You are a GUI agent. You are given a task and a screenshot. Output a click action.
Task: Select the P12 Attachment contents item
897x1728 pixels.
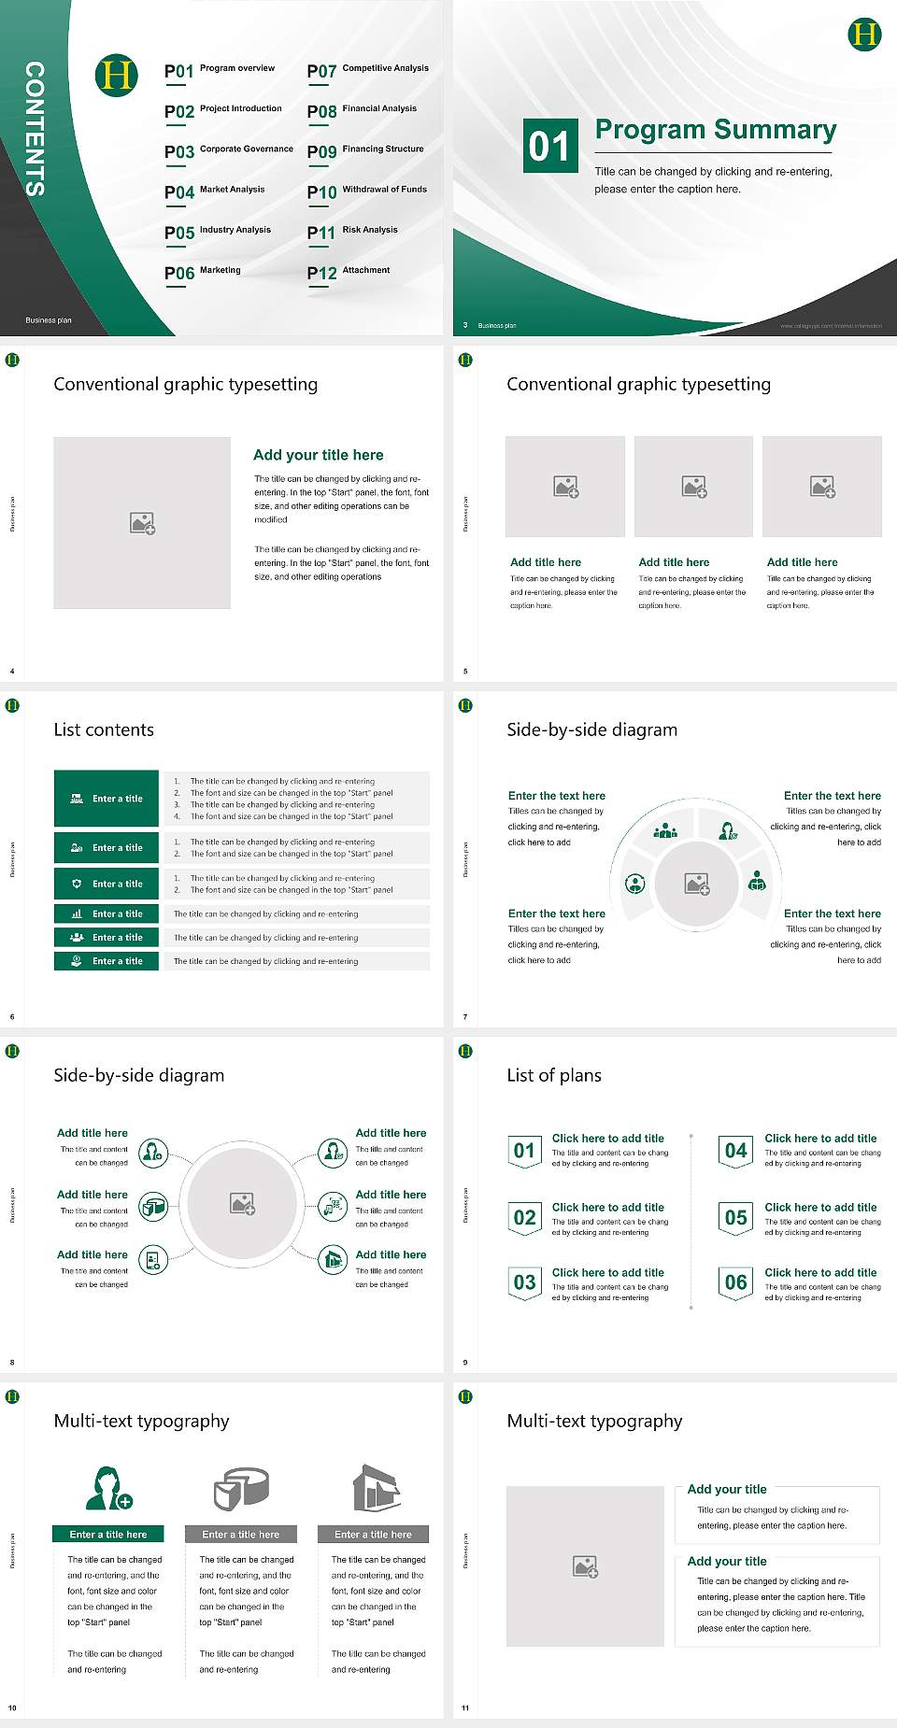point(349,272)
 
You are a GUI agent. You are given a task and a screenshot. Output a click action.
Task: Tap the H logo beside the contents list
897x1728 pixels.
point(117,75)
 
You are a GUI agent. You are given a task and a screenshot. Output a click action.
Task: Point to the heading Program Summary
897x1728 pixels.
point(715,130)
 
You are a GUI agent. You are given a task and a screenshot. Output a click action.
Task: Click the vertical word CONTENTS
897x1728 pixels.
point(35,129)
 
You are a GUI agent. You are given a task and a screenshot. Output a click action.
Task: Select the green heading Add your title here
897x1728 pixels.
point(318,455)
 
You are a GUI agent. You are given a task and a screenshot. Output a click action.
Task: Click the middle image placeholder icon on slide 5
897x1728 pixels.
point(693,487)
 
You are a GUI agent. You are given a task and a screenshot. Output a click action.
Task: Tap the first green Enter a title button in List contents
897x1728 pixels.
point(107,799)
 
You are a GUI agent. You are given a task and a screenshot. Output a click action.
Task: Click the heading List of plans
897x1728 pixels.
point(554,1075)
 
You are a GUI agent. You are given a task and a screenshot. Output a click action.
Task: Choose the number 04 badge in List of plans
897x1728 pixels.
point(736,1151)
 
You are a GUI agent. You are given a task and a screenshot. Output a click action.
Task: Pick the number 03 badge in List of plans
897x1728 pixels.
point(524,1282)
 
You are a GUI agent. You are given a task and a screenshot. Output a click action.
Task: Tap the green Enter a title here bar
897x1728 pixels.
point(108,1534)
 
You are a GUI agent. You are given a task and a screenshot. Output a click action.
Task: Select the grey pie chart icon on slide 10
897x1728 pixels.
point(241,1488)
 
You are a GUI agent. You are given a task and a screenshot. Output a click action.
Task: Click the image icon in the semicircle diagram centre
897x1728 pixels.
point(697,884)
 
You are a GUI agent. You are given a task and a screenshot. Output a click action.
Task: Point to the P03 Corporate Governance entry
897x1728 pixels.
point(229,151)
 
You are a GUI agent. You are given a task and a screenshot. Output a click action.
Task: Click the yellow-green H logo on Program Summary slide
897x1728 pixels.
point(864,35)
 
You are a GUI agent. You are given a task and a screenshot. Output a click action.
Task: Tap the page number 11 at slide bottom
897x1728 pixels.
point(465,1707)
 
